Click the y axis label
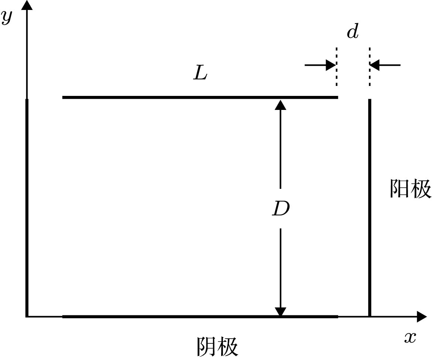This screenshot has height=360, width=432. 7,17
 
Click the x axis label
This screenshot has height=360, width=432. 410,336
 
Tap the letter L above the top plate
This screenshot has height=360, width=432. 200,74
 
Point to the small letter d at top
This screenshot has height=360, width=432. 353,32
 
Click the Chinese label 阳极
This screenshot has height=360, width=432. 410,189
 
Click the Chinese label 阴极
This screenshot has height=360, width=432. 217,346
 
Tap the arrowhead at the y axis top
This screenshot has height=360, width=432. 27,5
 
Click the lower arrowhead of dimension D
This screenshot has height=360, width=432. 281,311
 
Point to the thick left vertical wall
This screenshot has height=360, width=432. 27,207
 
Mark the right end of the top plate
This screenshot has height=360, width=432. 337,97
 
